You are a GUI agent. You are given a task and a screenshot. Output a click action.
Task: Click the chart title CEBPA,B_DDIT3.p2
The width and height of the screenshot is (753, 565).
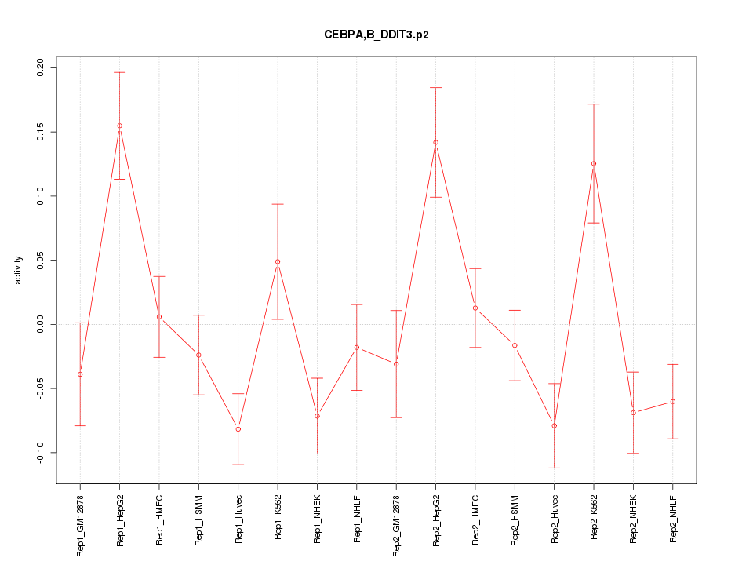[376, 35]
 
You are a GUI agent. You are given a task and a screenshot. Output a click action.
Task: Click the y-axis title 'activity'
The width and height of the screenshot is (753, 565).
[19, 271]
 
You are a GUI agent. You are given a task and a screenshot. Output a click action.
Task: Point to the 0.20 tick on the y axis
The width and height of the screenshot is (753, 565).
[52, 67]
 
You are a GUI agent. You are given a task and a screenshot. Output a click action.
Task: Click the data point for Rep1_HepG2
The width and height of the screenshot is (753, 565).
[119, 126]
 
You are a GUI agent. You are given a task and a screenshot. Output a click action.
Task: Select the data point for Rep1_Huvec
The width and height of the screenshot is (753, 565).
[238, 429]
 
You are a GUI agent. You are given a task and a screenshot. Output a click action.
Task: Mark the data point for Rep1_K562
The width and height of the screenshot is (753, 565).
[278, 261]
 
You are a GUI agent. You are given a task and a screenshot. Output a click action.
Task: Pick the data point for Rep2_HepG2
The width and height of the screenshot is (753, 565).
[435, 142]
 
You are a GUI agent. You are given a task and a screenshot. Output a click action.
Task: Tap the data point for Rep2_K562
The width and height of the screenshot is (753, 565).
[594, 163]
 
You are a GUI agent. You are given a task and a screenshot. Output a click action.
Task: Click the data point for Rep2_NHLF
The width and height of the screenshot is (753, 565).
[672, 402]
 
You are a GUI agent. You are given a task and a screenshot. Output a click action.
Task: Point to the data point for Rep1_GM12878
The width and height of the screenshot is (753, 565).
[80, 374]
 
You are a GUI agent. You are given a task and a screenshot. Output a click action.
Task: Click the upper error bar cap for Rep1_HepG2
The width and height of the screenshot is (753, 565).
[119, 72]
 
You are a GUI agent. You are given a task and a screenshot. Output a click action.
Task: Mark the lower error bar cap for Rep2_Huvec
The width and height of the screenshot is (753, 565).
[554, 468]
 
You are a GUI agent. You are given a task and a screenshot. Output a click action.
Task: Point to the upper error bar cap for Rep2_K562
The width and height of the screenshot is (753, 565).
[594, 104]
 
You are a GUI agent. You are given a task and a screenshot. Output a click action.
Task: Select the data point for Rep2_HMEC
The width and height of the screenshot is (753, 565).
[475, 308]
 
